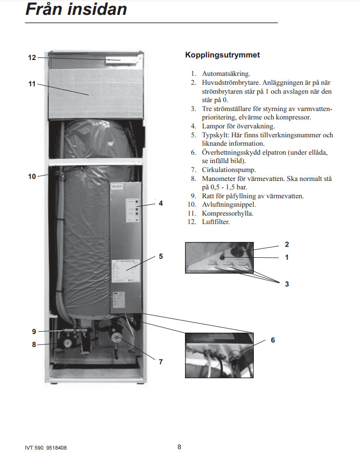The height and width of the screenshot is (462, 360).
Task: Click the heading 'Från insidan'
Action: click(76, 9)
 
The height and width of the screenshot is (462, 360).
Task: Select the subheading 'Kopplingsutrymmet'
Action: click(222, 55)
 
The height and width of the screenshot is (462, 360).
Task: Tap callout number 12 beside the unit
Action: click(32, 58)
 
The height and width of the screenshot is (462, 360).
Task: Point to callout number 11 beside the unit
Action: click(32, 84)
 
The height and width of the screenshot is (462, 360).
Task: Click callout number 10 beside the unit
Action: click(32, 176)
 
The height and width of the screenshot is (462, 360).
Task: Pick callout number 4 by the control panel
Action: click(161, 203)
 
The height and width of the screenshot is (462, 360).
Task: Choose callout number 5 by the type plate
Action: click(161, 257)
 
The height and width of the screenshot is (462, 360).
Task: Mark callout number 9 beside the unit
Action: click(34, 331)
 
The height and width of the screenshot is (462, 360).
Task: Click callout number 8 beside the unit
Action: click(34, 344)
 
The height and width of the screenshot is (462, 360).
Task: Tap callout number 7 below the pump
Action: click(161, 362)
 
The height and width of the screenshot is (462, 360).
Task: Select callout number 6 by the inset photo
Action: click(273, 340)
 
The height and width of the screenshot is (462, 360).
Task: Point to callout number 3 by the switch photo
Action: click(287, 284)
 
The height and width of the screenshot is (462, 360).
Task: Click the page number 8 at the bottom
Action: click(179, 447)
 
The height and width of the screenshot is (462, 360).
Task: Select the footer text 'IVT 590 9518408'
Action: click(46, 448)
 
